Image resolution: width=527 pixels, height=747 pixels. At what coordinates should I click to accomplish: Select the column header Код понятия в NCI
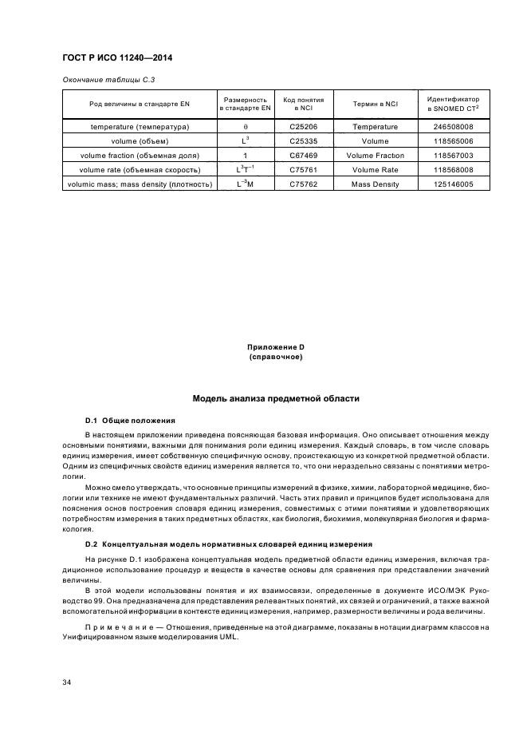pyautogui.click(x=303, y=104)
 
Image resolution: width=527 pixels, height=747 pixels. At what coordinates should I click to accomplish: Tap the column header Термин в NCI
pyautogui.click(x=375, y=104)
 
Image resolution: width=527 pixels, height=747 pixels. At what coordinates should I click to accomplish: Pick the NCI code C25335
pyautogui.click(x=303, y=141)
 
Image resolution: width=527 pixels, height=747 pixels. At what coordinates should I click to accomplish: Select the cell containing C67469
pyautogui.click(x=303, y=156)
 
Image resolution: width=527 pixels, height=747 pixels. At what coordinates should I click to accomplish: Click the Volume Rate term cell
pyautogui.click(x=375, y=170)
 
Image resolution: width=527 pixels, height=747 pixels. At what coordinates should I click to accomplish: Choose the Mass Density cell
pyautogui.click(x=375, y=184)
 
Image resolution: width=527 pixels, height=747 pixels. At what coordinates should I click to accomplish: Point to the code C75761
pyautogui.click(x=303, y=170)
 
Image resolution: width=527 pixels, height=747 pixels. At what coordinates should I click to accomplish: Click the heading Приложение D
pyautogui.click(x=276, y=347)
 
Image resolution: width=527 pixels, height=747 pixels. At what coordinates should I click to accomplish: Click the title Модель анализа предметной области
pyautogui.click(x=276, y=397)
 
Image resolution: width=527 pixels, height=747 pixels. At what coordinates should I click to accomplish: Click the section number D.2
pyautogui.click(x=92, y=543)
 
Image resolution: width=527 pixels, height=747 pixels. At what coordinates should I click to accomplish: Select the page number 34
pyautogui.click(x=67, y=682)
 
